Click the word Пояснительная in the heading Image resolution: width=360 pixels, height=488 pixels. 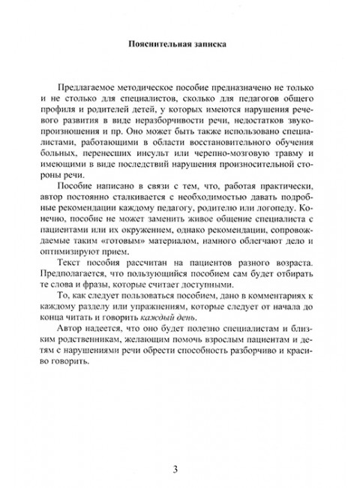pyautogui.click(x=158, y=43)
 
